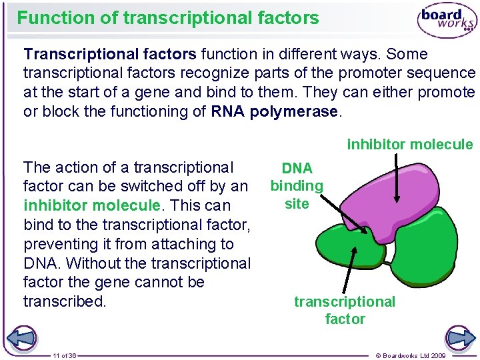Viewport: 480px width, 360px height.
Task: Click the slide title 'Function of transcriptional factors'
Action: point(168,18)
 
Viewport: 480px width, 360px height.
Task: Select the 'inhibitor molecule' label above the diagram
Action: point(409,144)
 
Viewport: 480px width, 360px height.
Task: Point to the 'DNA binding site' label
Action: point(297,186)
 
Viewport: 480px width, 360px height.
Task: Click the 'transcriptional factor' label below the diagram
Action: point(345,310)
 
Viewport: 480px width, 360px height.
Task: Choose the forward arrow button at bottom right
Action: point(459,337)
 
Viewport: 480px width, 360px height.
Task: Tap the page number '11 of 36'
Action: point(65,356)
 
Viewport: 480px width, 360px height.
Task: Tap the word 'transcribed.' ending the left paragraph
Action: point(65,301)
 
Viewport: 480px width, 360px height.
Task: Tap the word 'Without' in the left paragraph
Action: point(91,263)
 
